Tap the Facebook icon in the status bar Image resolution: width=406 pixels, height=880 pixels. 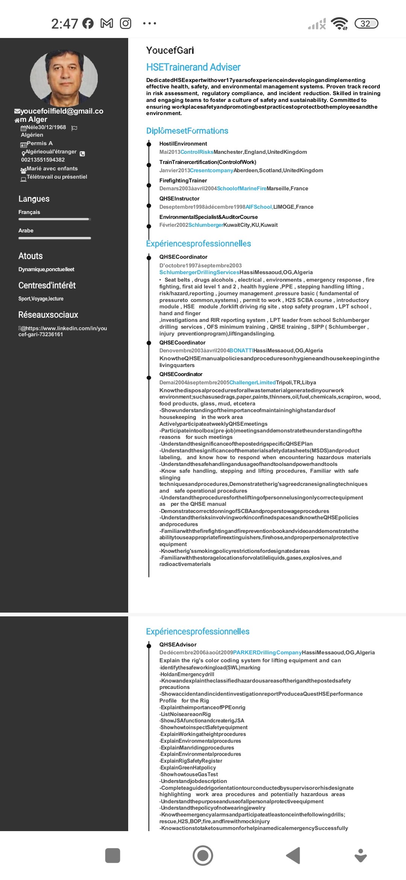[x=88, y=24]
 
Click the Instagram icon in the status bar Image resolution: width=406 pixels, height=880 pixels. [x=126, y=24]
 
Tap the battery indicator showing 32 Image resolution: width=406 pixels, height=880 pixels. [x=366, y=24]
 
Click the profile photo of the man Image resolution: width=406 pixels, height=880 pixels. [x=64, y=78]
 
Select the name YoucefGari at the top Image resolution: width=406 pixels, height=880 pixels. [x=170, y=50]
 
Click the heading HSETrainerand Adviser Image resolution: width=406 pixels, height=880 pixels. [x=193, y=67]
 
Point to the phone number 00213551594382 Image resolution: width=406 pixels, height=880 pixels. [x=43, y=160]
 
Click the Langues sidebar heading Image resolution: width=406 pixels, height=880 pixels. [x=34, y=199]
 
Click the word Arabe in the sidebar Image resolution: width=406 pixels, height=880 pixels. [x=26, y=231]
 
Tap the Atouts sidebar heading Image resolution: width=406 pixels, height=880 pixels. [x=30, y=256]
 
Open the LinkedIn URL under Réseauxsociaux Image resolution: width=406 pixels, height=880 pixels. [x=63, y=331]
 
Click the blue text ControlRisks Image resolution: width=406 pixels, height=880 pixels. [x=197, y=152]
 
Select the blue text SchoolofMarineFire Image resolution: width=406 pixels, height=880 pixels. [x=241, y=188]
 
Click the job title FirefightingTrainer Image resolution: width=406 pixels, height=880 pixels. [x=183, y=181]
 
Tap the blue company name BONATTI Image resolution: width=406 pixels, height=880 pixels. [x=241, y=350]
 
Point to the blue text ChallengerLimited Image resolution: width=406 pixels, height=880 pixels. [x=252, y=382]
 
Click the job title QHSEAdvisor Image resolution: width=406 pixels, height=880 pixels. [x=178, y=645]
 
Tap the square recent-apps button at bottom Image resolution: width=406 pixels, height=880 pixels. [x=113, y=856]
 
